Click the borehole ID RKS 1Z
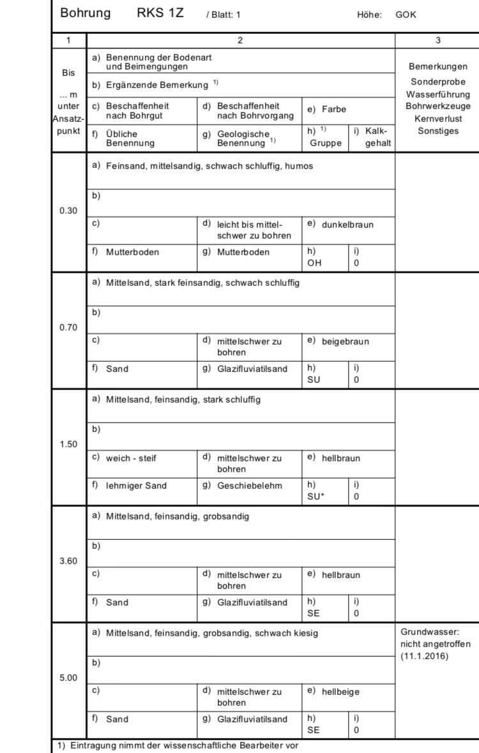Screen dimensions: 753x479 160,13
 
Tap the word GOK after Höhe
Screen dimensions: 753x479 406,14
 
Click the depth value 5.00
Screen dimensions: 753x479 68,678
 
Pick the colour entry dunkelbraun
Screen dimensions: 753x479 347,225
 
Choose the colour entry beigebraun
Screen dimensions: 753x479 345,341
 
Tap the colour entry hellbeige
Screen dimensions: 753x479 340,692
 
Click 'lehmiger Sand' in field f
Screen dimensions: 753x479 136,486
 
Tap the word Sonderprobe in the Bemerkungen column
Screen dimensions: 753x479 437,82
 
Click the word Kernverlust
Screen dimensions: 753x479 437,119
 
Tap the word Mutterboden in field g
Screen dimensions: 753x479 243,252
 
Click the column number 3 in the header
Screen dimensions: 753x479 437,40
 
